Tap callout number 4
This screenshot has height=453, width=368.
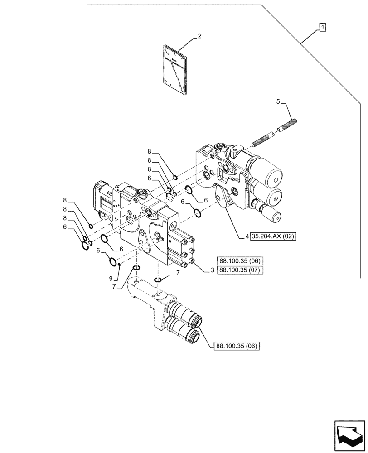click(x=247, y=236)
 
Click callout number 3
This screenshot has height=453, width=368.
click(x=212, y=270)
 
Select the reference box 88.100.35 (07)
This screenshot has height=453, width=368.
click(x=240, y=270)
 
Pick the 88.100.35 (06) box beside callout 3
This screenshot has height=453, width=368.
click(x=240, y=261)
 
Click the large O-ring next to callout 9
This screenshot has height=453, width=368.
click(x=112, y=261)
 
